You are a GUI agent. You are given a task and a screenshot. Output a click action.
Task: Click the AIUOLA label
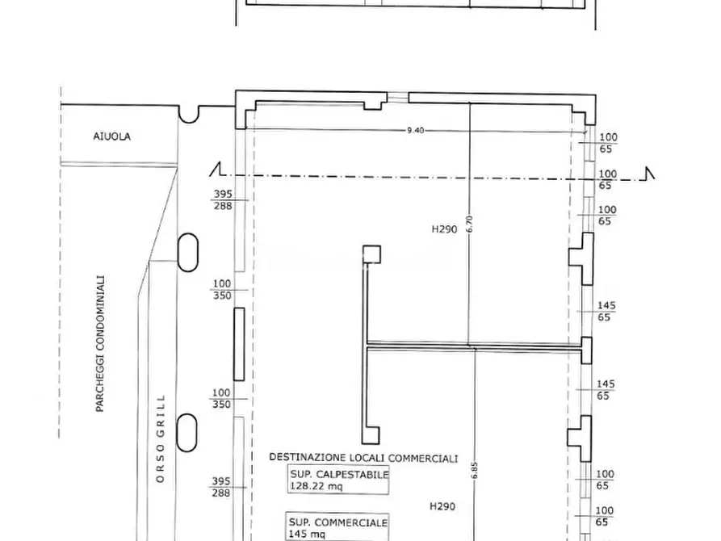pyautogui.click(x=111, y=136)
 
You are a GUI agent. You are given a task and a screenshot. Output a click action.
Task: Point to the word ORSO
pyautogui.click(x=160, y=463)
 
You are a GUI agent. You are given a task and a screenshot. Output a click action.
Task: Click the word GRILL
pyautogui.click(x=160, y=413)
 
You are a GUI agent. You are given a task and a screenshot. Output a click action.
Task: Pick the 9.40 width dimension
pyautogui.click(x=415, y=130)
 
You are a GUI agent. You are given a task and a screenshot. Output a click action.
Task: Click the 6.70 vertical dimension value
pyautogui.click(x=469, y=224)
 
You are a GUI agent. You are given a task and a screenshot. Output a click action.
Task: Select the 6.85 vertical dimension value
pyautogui.click(x=475, y=471)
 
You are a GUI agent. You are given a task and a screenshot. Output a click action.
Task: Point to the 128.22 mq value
pyautogui.click(x=316, y=486)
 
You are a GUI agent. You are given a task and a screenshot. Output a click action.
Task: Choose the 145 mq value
pyautogui.click(x=307, y=534)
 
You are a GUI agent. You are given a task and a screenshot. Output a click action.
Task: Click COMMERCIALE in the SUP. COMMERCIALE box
pyautogui.click(x=358, y=522)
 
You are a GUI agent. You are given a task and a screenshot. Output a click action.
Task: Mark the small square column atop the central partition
pyautogui.click(x=371, y=254)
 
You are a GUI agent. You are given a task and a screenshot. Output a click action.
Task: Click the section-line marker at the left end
pyautogui.click(x=216, y=170)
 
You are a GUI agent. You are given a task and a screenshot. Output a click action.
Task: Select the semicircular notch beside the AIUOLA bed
pyautogui.click(x=189, y=115)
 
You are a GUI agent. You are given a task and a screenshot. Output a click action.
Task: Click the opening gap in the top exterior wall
pyautogui.click(x=397, y=97)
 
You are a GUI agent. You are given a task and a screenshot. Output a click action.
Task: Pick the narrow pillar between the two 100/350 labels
pyautogui.click(x=239, y=344)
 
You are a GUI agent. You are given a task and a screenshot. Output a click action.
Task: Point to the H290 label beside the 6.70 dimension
pyautogui.click(x=444, y=229)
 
